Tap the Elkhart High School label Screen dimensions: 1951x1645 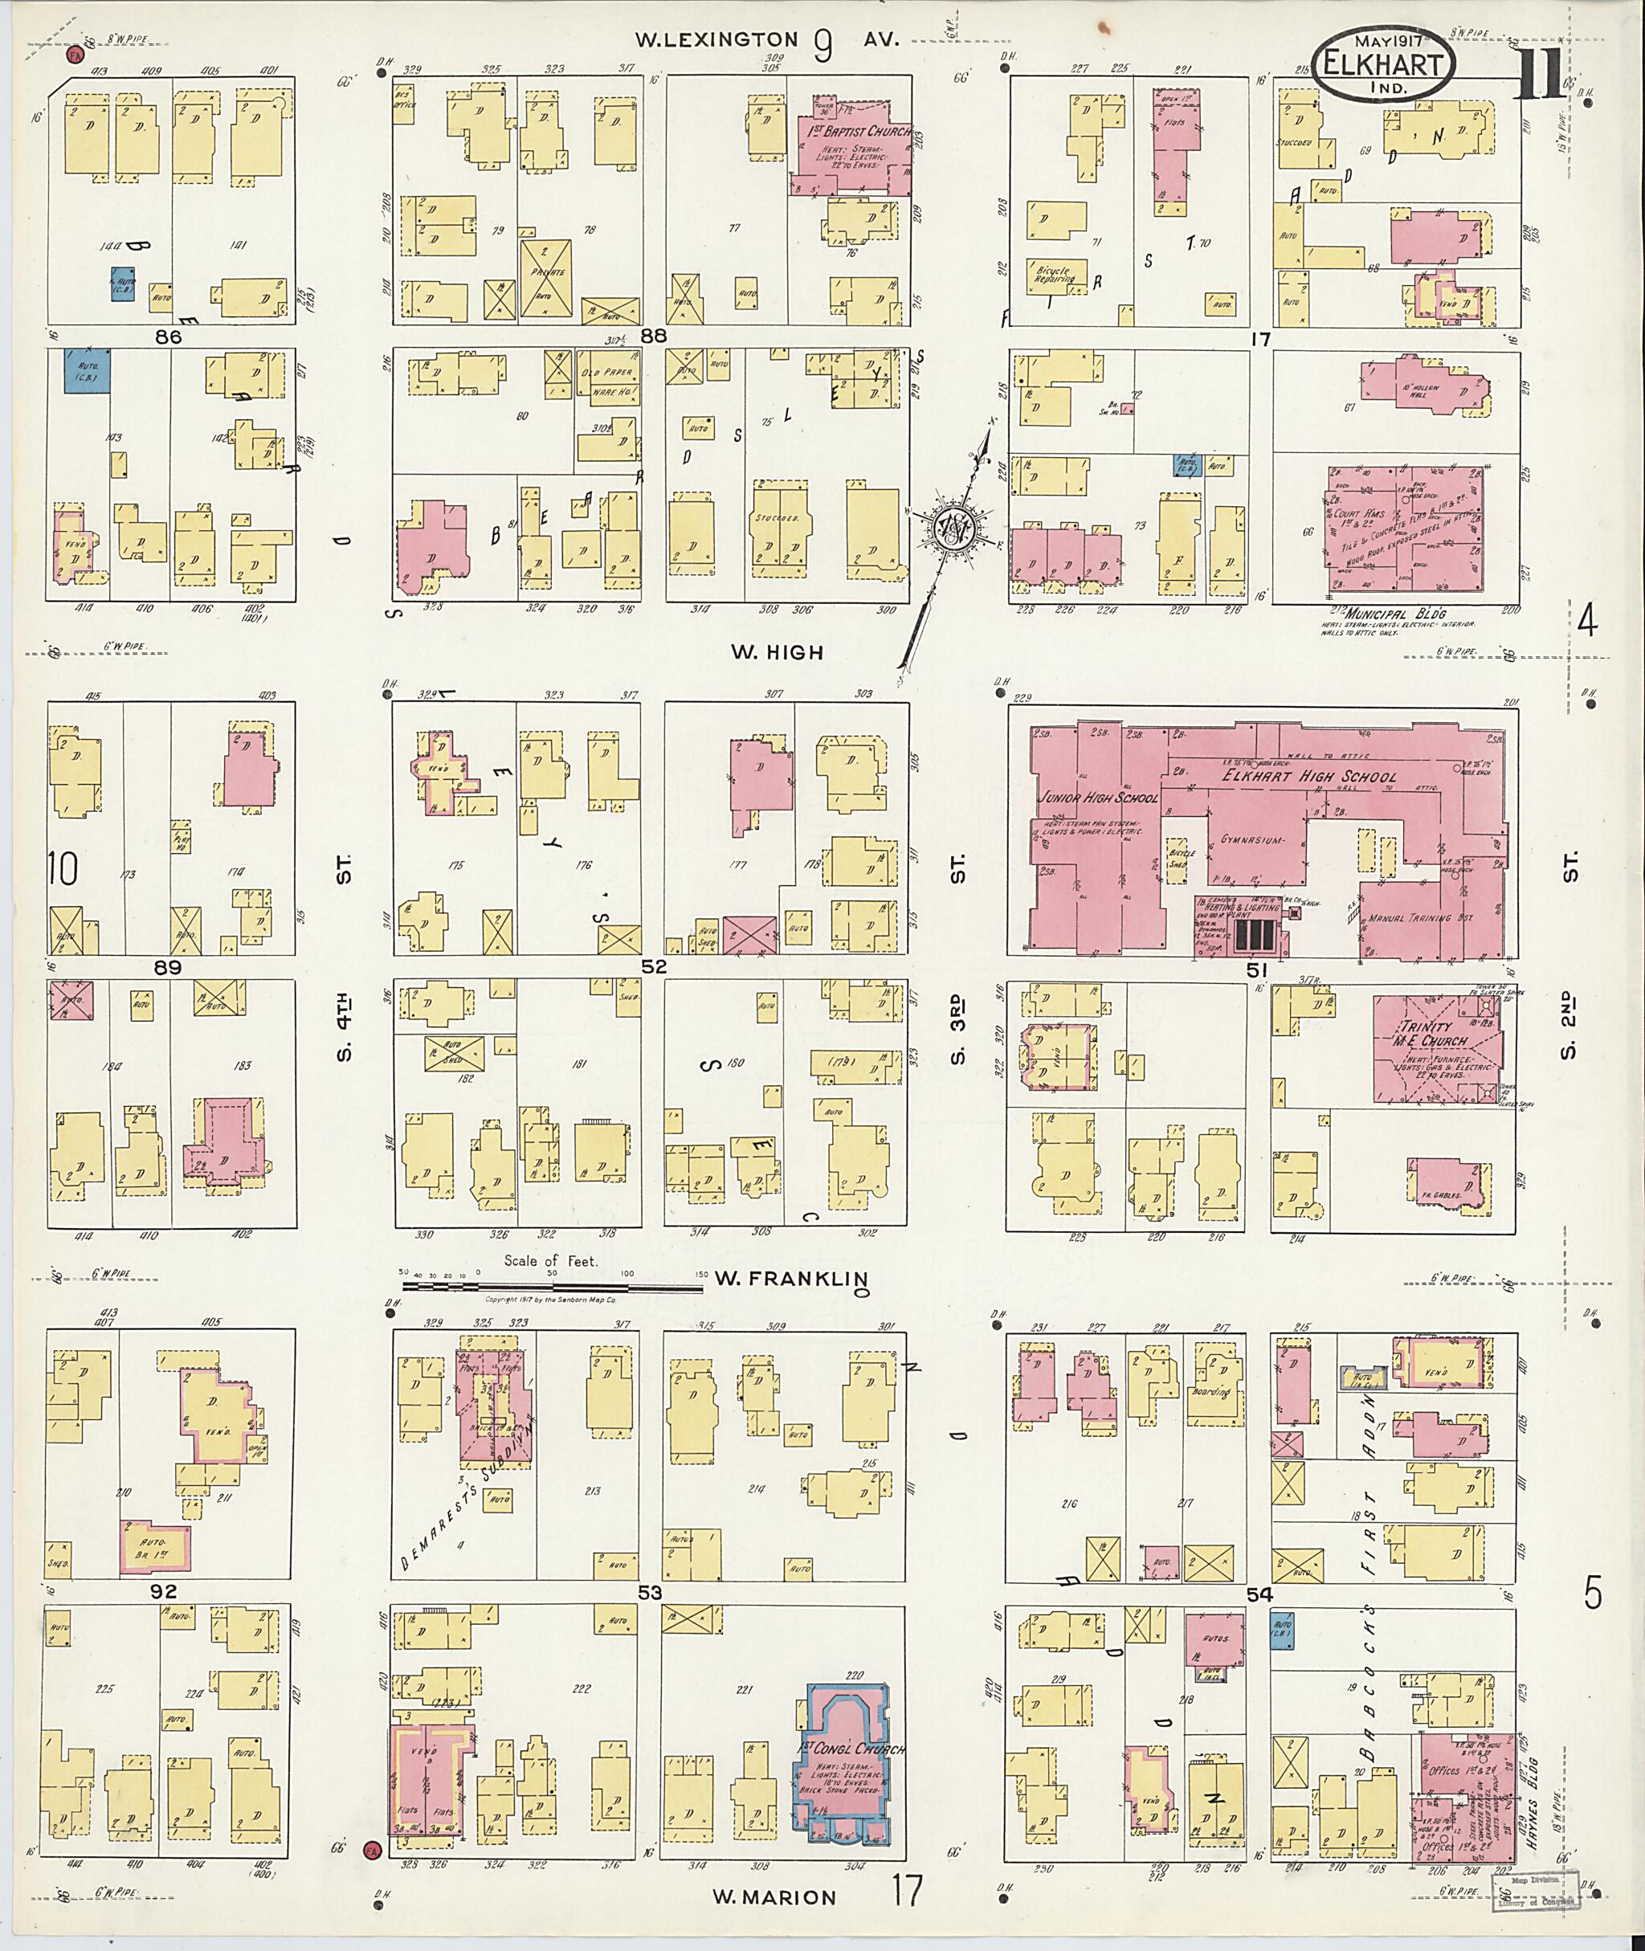coord(1309,777)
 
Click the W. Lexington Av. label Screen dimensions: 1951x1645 coord(765,40)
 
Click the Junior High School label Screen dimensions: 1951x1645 coord(1096,798)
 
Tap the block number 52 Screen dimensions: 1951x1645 coord(654,967)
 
